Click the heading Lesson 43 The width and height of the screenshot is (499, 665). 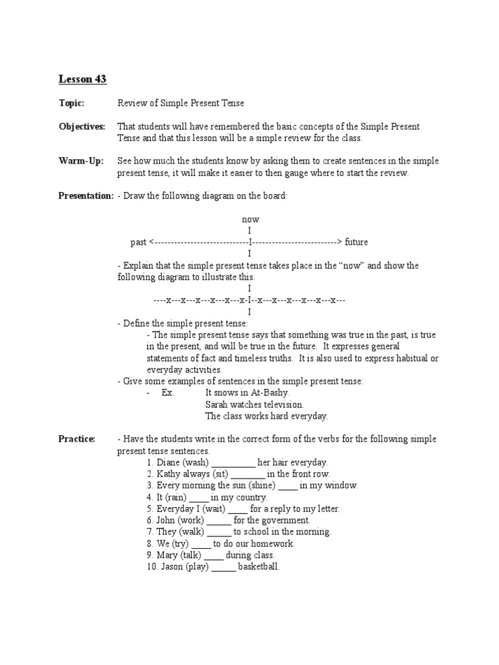[83, 79]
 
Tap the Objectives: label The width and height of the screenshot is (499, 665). [82, 127]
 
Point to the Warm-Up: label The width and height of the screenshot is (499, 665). [81, 161]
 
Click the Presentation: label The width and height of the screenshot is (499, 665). [86, 196]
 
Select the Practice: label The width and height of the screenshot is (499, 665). [77, 439]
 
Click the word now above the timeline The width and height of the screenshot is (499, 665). [250, 220]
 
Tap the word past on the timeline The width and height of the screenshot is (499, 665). [138, 242]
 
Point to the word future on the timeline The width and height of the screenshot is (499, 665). [357, 242]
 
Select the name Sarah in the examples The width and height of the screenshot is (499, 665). [218, 404]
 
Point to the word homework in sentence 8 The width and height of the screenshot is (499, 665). [270, 544]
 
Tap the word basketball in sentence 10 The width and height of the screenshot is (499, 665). [259, 567]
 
